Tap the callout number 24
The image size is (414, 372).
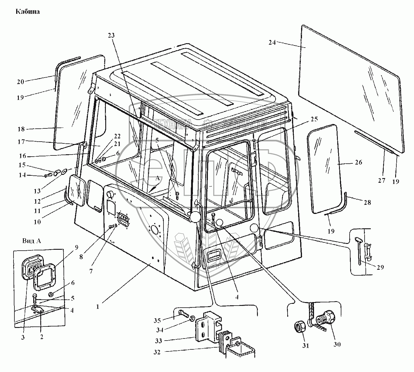point(272,42)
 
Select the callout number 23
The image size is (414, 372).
point(111,36)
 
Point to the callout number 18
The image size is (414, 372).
point(21,129)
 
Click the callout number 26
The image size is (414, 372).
point(358,162)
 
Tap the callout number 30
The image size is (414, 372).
point(337,344)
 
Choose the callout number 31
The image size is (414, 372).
point(306,346)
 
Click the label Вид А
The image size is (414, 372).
point(31,241)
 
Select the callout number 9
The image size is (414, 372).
point(76,247)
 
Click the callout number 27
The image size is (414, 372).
point(381,180)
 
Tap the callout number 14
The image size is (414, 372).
point(22,175)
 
